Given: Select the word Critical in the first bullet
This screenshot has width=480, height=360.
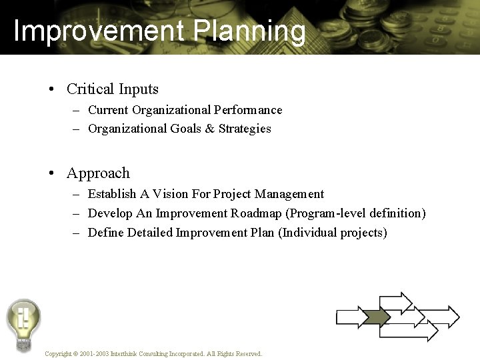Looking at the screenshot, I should pyautogui.click(x=90, y=89).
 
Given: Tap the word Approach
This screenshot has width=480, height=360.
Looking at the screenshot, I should pyautogui.click(x=98, y=173).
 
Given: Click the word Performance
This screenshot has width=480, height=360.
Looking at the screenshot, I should pyautogui.click(x=248, y=110).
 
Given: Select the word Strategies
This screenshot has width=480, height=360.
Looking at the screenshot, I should pyautogui.click(x=245, y=129).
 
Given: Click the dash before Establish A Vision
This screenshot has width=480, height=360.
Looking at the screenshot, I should pyautogui.click(x=76, y=195).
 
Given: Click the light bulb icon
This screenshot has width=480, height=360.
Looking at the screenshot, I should pyautogui.click(x=23, y=324).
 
